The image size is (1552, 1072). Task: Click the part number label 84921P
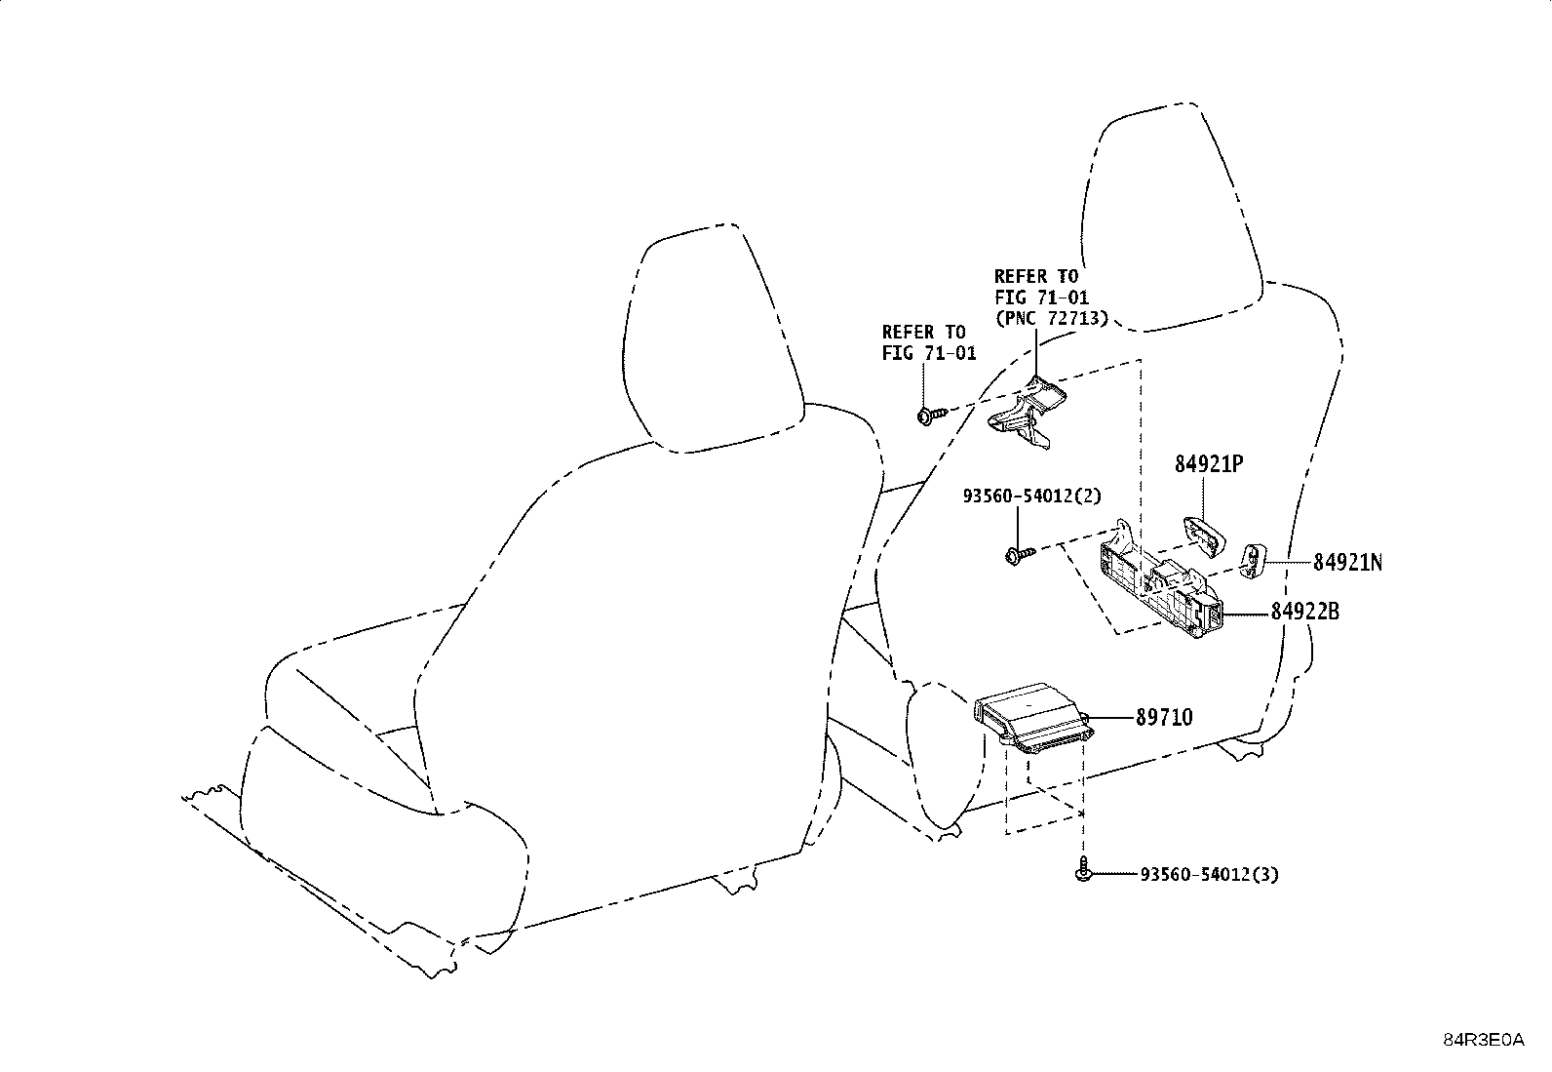click(x=1209, y=464)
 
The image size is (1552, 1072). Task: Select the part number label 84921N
click(x=1347, y=563)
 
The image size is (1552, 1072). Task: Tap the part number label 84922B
click(x=1305, y=612)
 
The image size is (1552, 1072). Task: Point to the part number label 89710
click(x=1165, y=717)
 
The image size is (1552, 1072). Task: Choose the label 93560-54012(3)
click(x=1210, y=874)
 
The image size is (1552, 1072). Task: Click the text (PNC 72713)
click(x=1052, y=318)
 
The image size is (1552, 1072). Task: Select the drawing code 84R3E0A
click(x=1484, y=1040)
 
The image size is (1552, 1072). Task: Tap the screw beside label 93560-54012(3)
click(x=1083, y=869)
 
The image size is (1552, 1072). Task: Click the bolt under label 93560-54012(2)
click(x=1019, y=554)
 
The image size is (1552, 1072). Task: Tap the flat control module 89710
click(x=1033, y=718)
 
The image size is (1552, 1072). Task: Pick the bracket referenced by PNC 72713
click(x=1026, y=413)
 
